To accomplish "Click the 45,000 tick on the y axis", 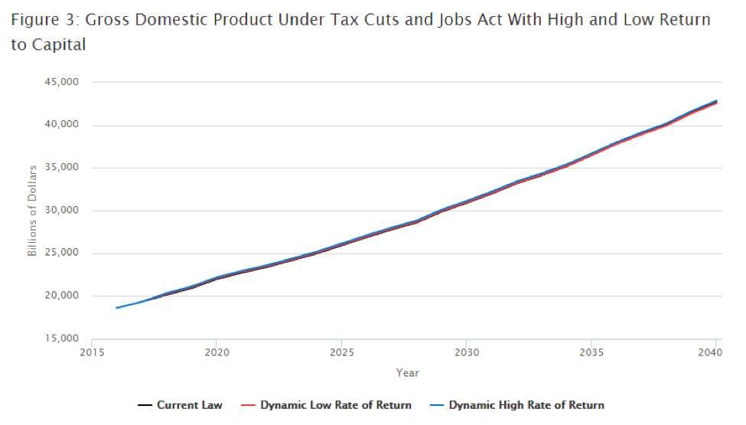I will pos(64,82).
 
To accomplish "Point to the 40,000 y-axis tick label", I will pos(64,125).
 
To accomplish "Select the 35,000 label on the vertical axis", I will pos(64,168).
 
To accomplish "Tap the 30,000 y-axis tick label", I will pos(64,211).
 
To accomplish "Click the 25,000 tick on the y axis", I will pos(64,253).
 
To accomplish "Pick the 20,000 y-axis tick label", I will pos(64,296).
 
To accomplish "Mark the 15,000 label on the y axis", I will pos(64,339).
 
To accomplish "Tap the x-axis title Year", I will pos(407,373).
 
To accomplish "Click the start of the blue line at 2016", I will pos(117,308).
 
